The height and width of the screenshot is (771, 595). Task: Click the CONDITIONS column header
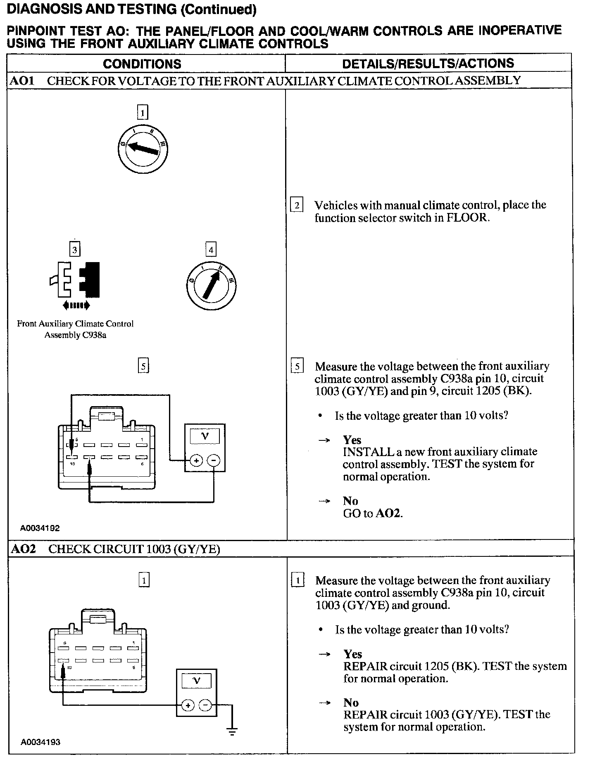point(142,64)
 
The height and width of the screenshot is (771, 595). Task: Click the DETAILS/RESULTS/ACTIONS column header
point(428,63)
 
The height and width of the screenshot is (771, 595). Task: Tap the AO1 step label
point(21,80)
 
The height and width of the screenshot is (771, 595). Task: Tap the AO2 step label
point(23,549)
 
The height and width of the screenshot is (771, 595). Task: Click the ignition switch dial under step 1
point(143,149)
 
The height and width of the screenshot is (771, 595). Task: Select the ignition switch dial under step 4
point(211,285)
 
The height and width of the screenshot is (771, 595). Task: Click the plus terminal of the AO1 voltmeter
point(196,460)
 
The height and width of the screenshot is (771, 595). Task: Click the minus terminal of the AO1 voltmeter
point(213,460)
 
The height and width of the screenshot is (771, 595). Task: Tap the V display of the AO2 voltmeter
point(197,681)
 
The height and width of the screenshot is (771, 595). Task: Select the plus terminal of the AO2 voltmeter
point(188,705)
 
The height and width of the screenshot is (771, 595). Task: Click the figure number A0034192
point(40,528)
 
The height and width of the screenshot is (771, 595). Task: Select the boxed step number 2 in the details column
point(297,205)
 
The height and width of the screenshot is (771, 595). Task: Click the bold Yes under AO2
point(352,654)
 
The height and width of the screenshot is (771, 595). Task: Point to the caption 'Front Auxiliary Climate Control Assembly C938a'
point(75,329)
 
